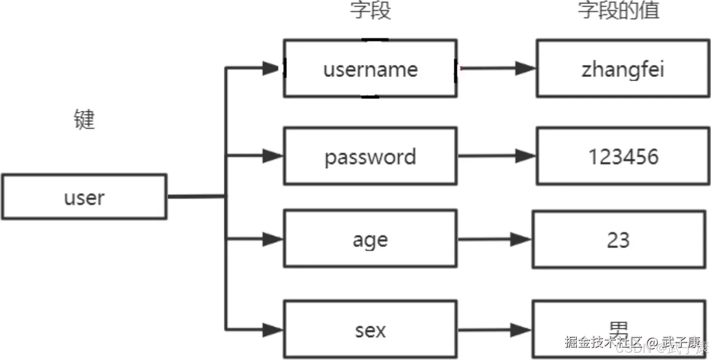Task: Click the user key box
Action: [x=84, y=197]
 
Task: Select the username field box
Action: [x=370, y=68]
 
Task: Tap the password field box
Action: [x=370, y=156]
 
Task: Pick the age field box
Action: [x=370, y=239]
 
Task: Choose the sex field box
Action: [x=370, y=329]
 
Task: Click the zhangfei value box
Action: [x=623, y=68]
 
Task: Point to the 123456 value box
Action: [x=623, y=156]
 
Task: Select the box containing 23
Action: [x=618, y=239]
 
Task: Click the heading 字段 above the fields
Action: [x=371, y=10]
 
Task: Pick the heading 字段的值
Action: [x=619, y=10]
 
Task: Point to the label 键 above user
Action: [x=84, y=120]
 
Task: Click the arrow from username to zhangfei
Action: [x=494, y=68]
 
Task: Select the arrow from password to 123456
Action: [x=494, y=156]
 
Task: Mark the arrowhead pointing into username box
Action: [x=272, y=68]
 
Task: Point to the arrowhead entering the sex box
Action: [x=272, y=329]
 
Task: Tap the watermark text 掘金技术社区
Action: [x=603, y=342]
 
